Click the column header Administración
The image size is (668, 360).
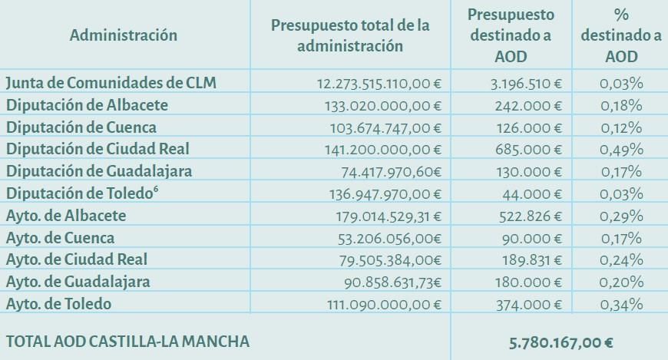coord(123,35)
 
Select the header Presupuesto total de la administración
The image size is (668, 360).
coord(350,35)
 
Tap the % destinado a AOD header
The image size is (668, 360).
coord(610,35)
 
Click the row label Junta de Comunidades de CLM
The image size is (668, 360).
coord(111,82)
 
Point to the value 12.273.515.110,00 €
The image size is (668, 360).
coord(379,83)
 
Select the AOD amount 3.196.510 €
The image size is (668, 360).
coord(527,83)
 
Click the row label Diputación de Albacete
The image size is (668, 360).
coord(87,104)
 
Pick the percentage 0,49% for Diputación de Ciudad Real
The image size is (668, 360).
coord(621,149)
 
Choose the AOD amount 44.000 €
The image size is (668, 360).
coord(535,193)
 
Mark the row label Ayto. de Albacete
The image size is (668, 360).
coord(65,216)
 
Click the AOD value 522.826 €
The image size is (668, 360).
coord(531,216)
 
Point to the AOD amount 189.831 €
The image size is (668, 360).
coord(531,260)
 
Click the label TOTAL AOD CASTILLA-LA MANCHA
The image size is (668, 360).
coord(127,341)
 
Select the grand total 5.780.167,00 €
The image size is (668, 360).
coord(561,342)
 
